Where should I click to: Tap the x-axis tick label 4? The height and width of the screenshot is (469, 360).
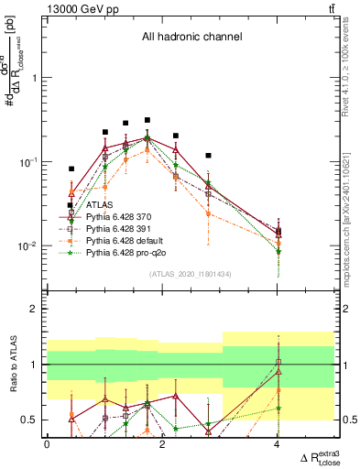pyautogui.click(x=277, y=444)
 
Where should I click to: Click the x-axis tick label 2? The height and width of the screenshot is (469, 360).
pyautogui.click(x=162, y=444)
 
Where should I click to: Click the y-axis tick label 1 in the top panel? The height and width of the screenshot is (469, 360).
pyautogui.click(x=35, y=78)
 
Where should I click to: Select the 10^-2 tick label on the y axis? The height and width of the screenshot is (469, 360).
pyautogui.click(x=29, y=245)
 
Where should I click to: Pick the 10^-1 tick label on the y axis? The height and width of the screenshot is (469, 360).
pyautogui.click(x=29, y=161)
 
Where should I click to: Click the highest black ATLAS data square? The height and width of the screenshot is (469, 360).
pyautogui.click(x=147, y=120)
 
